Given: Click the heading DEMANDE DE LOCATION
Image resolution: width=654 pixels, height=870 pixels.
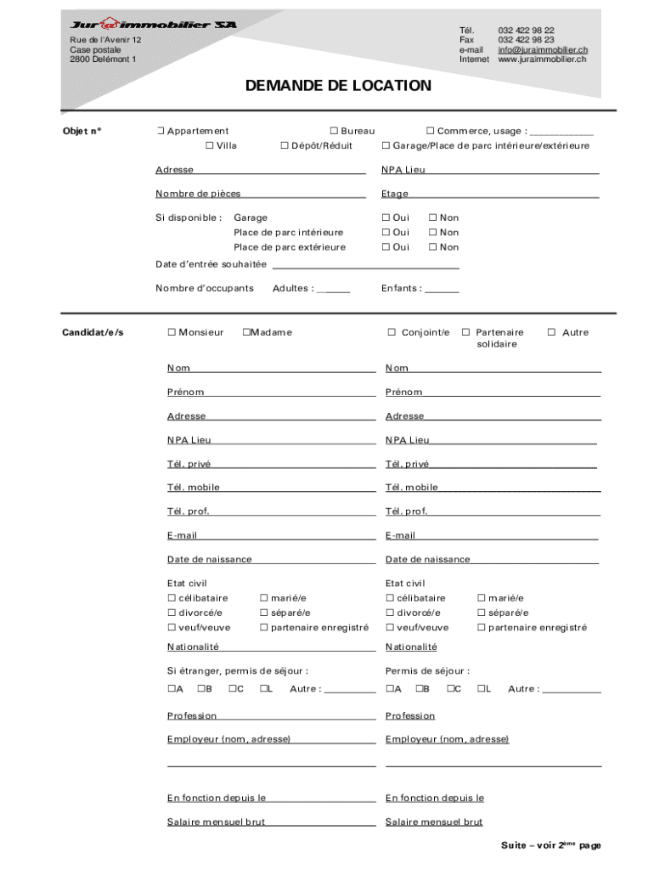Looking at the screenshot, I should pyautogui.click(x=338, y=86).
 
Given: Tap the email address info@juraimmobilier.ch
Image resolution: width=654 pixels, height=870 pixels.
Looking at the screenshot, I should pyautogui.click(x=543, y=49).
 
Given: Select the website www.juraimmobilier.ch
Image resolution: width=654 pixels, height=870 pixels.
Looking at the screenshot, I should pyautogui.click(x=542, y=59).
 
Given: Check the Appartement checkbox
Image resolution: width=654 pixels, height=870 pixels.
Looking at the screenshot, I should pyautogui.click(x=160, y=131).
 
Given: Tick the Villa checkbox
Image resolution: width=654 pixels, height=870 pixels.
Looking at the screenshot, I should pyautogui.click(x=209, y=146).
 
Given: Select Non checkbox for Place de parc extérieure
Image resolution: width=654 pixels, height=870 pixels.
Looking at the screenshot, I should pyautogui.click(x=432, y=247).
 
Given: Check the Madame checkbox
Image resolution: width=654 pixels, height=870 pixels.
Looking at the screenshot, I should pyautogui.click(x=245, y=332).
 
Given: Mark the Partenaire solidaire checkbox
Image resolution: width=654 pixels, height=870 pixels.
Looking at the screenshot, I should pyautogui.click(x=465, y=332).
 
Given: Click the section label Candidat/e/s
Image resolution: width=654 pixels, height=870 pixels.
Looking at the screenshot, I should pyautogui.click(x=93, y=332).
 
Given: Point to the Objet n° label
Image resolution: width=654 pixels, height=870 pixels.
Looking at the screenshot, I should pyautogui.click(x=82, y=131).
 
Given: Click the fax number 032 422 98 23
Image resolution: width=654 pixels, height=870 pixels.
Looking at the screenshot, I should pyautogui.click(x=526, y=40).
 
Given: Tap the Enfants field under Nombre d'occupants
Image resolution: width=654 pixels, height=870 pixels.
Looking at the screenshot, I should pyautogui.click(x=442, y=289).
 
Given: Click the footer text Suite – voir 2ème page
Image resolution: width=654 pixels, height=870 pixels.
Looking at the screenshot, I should pyautogui.click(x=550, y=845).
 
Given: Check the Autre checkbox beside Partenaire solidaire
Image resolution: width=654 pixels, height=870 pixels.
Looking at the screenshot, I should pyautogui.click(x=551, y=332).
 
